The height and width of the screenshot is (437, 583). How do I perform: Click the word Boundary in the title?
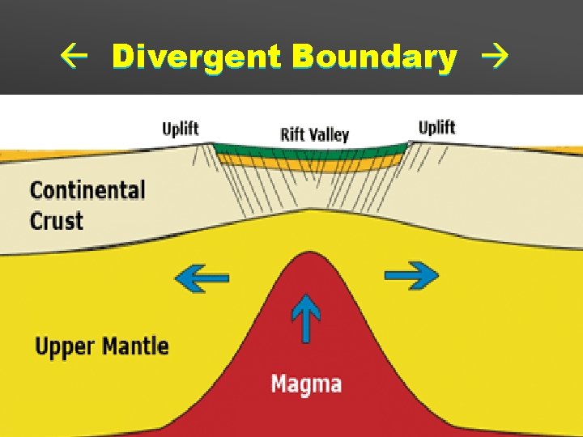(x=375, y=57)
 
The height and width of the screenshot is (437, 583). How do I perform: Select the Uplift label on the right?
(x=436, y=128)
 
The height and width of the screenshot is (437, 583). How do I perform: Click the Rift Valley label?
(x=314, y=134)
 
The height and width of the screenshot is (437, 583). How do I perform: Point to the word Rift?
(x=291, y=134)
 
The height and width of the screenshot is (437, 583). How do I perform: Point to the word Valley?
(x=328, y=135)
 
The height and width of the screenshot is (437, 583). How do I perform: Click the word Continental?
(x=87, y=191)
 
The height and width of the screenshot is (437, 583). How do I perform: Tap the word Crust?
(x=57, y=221)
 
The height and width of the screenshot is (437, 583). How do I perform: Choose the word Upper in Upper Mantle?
(x=66, y=347)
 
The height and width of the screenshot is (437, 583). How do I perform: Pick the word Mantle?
(x=136, y=346)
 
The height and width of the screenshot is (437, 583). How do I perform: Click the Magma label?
(x=306, y=383)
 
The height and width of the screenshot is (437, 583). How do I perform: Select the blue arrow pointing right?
(x=411, y=276)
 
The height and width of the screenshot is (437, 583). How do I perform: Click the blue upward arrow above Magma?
(x=305, y=318)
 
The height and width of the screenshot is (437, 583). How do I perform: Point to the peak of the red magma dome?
(x=306, y=257)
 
